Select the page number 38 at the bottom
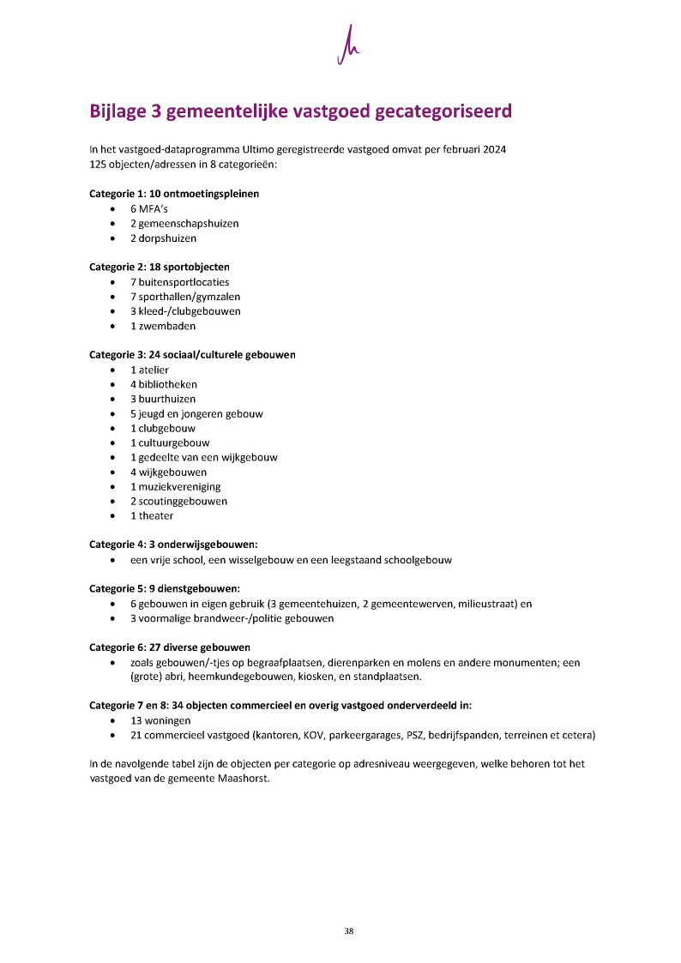(348, 931)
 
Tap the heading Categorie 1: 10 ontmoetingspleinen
(174, 194)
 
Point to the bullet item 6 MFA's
(149, 208)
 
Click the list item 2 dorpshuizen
(163, 238)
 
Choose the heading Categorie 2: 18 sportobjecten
(160, 267)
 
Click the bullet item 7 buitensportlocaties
(179, 281)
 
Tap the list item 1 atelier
(149, 370)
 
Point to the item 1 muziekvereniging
(175, 486)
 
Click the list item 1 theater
(151, 515)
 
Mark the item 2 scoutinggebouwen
(178, 501)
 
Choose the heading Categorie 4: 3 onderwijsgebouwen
(173, 545)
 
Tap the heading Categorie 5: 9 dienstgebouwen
(165, 588)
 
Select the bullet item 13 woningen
(160, 720)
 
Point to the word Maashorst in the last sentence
(243, 779)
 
